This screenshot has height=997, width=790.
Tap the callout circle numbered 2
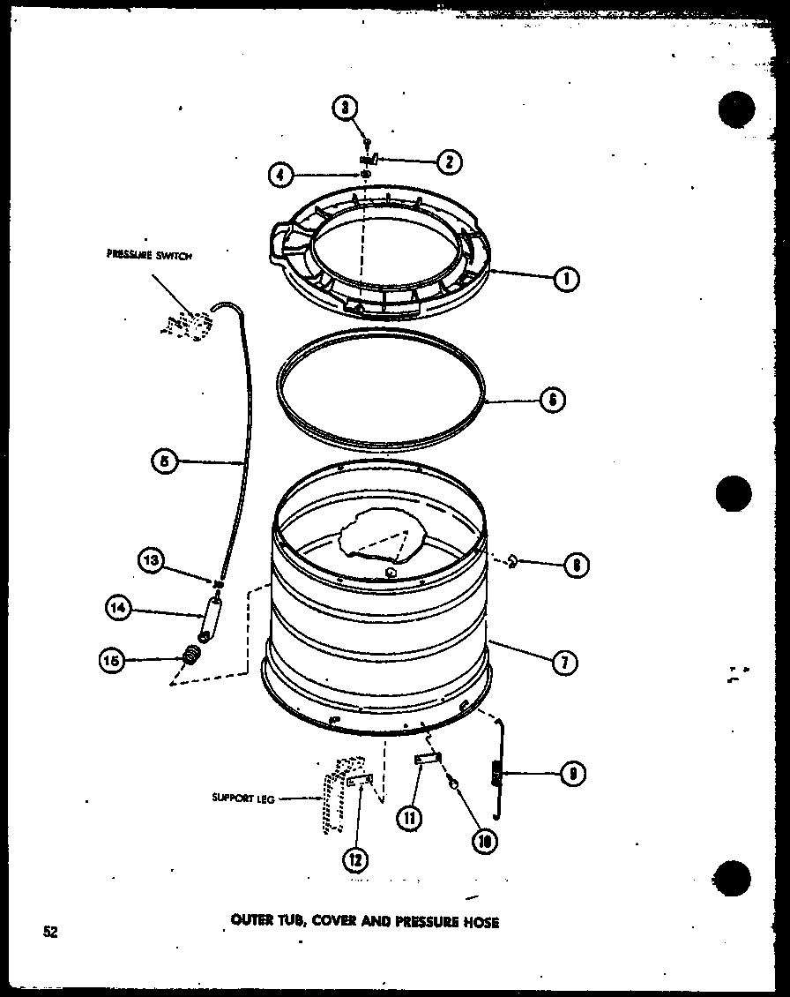(x=449, y=161)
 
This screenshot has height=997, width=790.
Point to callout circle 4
(x=281, y=175)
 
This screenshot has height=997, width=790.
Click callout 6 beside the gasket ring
(x=553, y=401)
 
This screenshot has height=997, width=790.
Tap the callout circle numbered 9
(x=573, y=773)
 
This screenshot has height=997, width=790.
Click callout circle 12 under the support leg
(x=357, y=858)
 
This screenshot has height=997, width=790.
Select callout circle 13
(x=151, y=559)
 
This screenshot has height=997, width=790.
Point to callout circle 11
(x=410, y=817)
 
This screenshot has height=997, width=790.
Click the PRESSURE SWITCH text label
(x=149, y=255)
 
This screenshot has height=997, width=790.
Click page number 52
(x=49, y=931)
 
